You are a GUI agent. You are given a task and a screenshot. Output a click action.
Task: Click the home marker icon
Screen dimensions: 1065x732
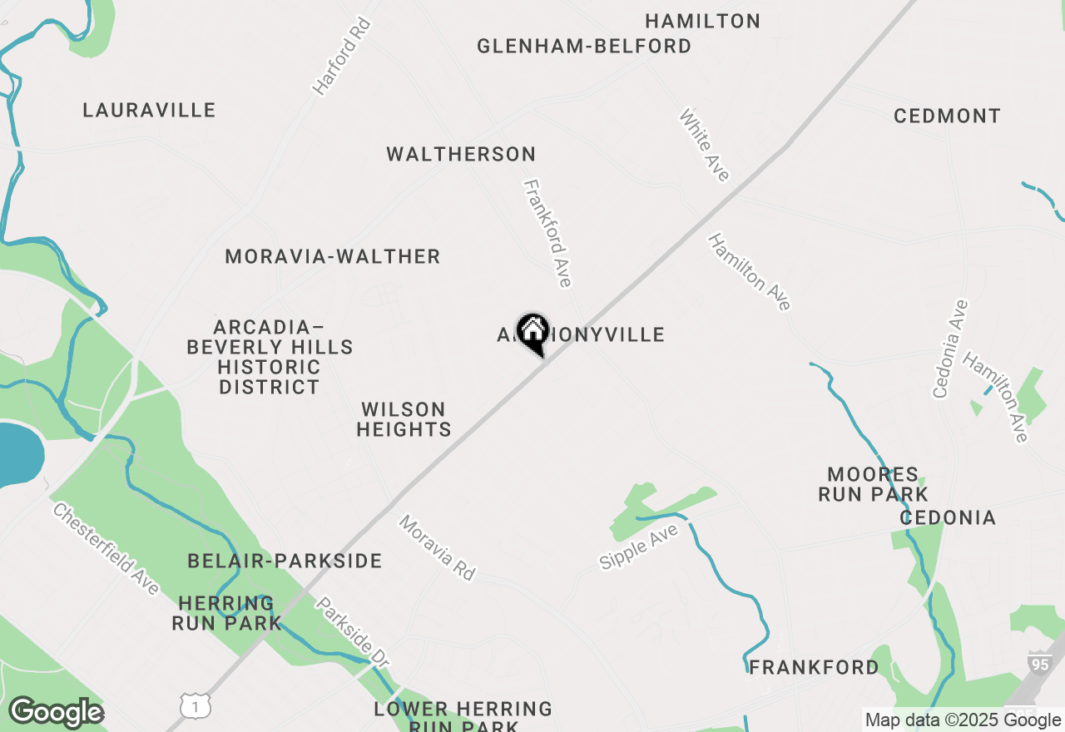pos(532,333)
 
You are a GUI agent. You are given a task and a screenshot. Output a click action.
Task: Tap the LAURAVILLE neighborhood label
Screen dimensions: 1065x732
pos(150,110)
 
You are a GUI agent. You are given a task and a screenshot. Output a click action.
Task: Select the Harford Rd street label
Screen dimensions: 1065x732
pos(341,56)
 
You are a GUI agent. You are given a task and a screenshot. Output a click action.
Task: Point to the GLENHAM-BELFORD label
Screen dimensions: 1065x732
pos(584,46)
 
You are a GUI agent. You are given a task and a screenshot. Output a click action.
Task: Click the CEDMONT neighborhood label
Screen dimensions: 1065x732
pos(947,116)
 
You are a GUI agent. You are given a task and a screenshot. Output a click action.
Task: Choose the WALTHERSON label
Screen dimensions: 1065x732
pos(461,154)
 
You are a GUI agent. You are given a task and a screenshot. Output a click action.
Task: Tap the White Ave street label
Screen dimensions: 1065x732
pos(705,145)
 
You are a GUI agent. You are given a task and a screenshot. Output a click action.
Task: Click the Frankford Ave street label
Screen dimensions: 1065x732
pos(547,234)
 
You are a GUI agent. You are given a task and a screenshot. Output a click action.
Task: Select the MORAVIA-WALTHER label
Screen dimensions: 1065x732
pos(333,256)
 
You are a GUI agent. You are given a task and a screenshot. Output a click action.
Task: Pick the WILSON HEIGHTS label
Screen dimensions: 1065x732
pos(404,419)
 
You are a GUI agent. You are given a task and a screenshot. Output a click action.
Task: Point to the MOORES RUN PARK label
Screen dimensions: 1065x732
pos(873,484)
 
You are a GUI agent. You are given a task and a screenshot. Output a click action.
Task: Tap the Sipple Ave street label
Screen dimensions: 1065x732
pos(639,547)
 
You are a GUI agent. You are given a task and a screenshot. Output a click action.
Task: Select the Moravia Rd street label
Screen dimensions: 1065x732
pos(437,547)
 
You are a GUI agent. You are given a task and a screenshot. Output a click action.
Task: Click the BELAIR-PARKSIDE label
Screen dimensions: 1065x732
pos(285,561)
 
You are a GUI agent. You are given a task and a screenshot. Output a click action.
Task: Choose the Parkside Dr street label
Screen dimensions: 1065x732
pos(353,632)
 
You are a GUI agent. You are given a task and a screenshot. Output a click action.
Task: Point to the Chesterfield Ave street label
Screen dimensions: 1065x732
pos(106,548)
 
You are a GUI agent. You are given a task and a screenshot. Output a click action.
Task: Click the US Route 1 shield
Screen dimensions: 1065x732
pos(196,706)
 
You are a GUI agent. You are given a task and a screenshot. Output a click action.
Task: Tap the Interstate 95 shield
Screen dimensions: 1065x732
pos(1038,663)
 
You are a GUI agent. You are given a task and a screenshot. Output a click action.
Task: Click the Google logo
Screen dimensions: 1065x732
pos(56,713)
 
